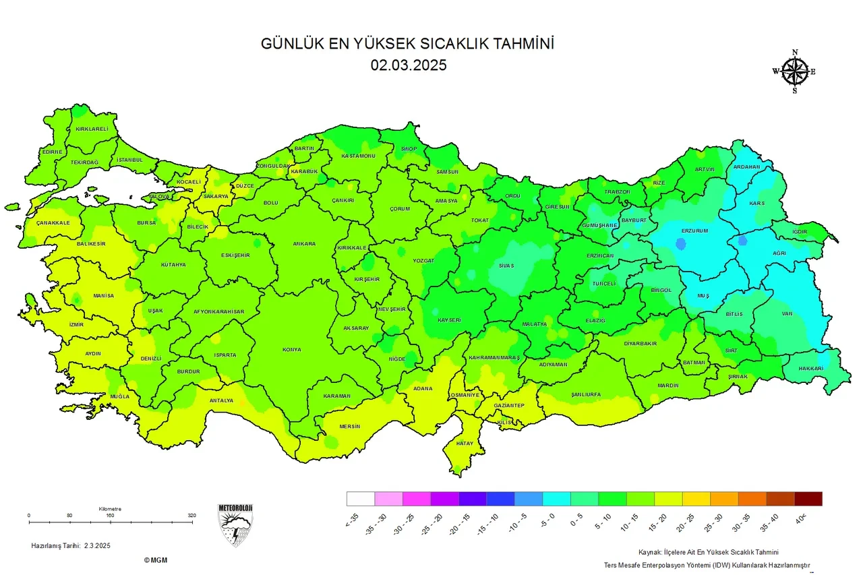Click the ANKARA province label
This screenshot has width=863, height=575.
pyautogui.click(x=303, y=244)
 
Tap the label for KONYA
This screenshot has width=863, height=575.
pyautogui.click(x=291, y=350)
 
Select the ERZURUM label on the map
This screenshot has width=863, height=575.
pyautogui.click(x=694, y=231)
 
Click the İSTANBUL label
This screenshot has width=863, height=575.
pyautogui.click(x=130, y=160)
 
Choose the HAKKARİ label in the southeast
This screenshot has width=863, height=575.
pyautogui.click(x=810, y=369)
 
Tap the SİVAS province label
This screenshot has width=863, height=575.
pyautogui.click(x=506, y=266)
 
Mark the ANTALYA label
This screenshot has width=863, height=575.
pyautogui.click(x=221, y=400)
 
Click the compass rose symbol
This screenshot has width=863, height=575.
pyautogui.click(x=795, y=71)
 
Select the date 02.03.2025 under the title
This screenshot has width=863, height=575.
pyautogui.click(x=408, y=65)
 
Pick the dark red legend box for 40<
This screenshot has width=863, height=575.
pyautogui.click(x=808, y=499)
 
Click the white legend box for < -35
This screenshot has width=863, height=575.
pyautogui.click(x=361, y=499)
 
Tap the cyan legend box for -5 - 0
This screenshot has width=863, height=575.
pyautogui.click(x=556, y=499)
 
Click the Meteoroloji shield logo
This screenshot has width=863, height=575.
pyautogui.click(x=235, y=524)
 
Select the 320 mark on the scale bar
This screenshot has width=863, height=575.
pyautogui.click(x=192, y=516)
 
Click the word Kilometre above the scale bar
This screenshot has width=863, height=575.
pyautogui.click(x=110, y=509)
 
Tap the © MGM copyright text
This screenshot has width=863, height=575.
pyautogui.click(x=156, y=560)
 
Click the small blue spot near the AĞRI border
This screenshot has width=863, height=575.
pyautogui.click(x=743, y=240)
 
